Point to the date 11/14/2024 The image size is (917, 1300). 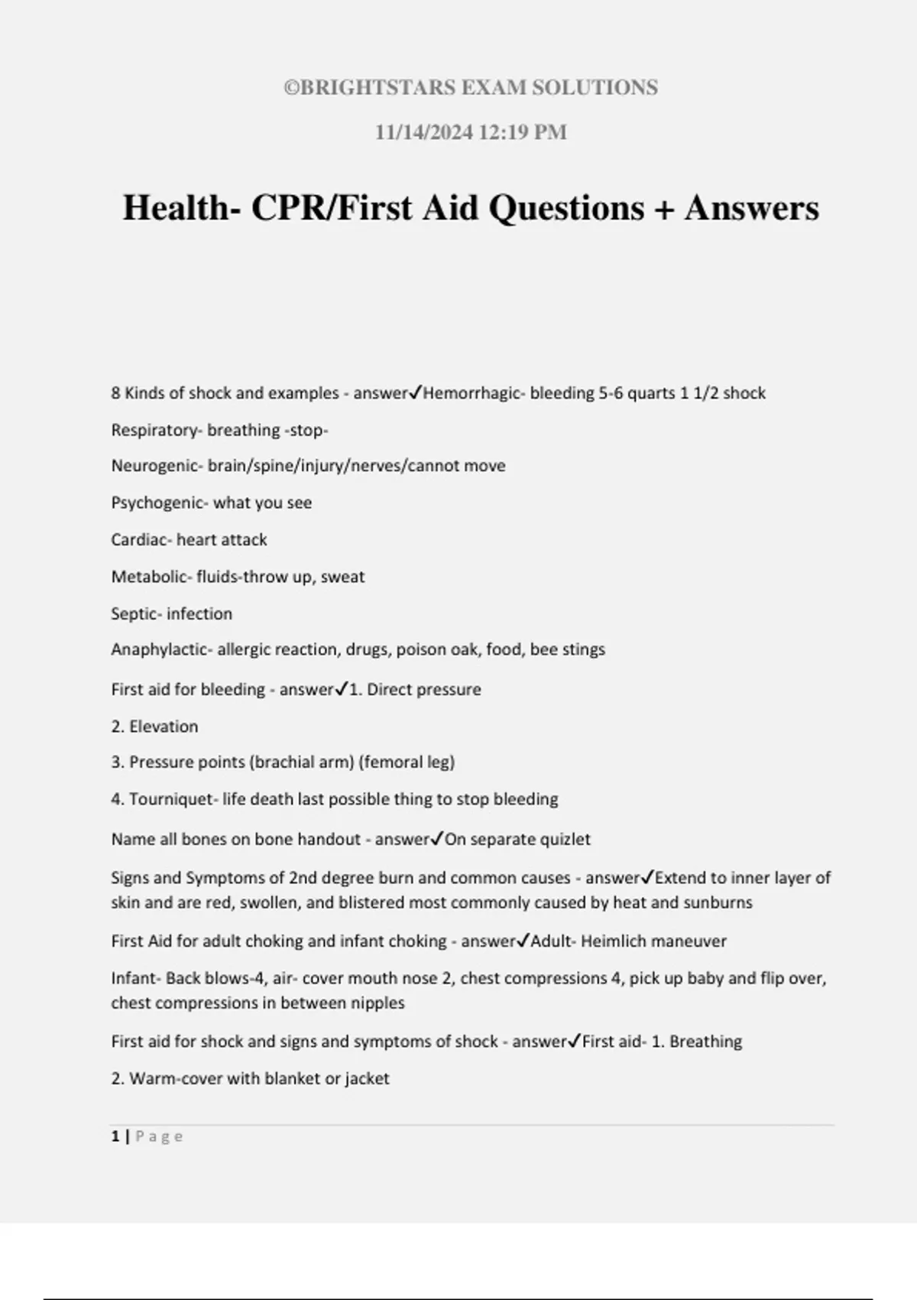click(423, 132)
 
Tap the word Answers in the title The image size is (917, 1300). click(752, 208)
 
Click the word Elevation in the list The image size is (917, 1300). click(164, 726)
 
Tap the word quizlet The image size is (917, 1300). click(565, 840)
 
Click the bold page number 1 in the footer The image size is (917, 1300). click(115, 1136)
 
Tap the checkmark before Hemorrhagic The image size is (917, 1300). click(416, 393)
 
